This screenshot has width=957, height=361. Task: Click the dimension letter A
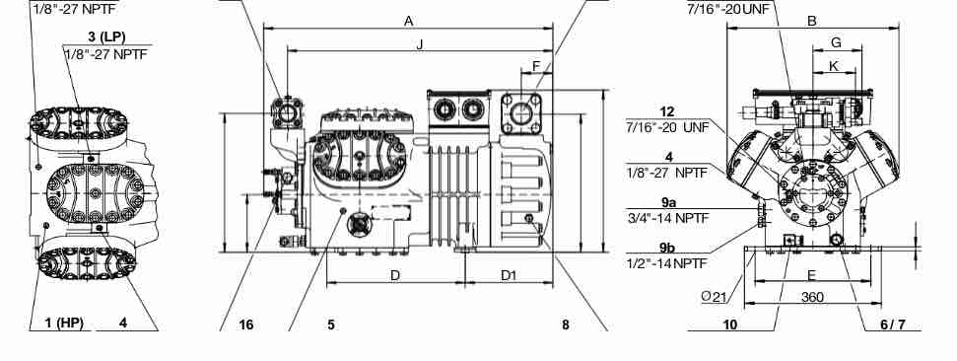(x=409, y=22)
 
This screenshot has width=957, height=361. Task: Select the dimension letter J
(x=419, y=44)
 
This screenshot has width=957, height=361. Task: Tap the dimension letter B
(x=812, y=22)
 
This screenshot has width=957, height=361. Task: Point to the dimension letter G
(x=836, y=42)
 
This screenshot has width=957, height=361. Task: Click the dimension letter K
(x=835, y=65)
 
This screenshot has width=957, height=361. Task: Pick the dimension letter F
(x=536, y=65)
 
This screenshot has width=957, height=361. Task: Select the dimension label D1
(x=509, y=275)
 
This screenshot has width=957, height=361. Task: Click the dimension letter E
(x=812, y=275)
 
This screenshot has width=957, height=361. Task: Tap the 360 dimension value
(x=812, y=298)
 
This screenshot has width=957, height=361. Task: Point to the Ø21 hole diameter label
(x=715, y=297)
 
